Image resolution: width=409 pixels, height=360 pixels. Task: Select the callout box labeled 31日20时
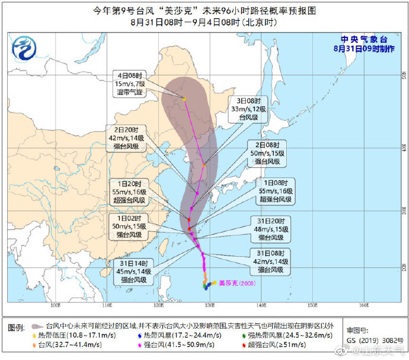pos(273,229)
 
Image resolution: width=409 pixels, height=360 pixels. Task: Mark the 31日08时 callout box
pos(273,262)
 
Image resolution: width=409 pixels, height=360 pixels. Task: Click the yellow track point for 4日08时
pos(184,99)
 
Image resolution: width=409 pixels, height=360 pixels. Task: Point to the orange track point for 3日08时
pos(204,165)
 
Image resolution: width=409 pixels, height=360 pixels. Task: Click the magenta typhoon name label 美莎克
pos(237,283)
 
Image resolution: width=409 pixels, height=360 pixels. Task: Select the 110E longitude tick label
pos(107,306)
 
